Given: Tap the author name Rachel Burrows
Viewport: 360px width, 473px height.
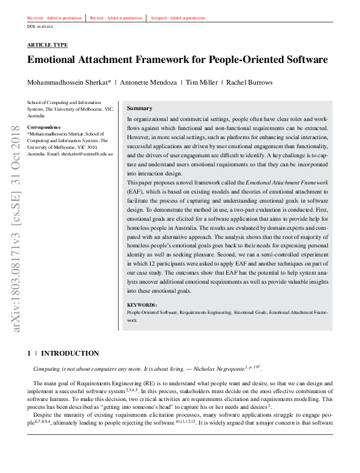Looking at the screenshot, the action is (x=249, y=83).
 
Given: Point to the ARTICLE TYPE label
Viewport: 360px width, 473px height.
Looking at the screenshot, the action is (x=47, y=45).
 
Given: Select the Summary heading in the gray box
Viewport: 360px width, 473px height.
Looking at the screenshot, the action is (x=139, y=108).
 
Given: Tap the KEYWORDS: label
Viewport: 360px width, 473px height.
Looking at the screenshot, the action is (x=142, y=305).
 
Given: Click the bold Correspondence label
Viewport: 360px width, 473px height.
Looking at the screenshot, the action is (x=44, y=127).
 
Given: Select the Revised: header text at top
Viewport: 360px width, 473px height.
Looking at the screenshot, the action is (x=97, y=18).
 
